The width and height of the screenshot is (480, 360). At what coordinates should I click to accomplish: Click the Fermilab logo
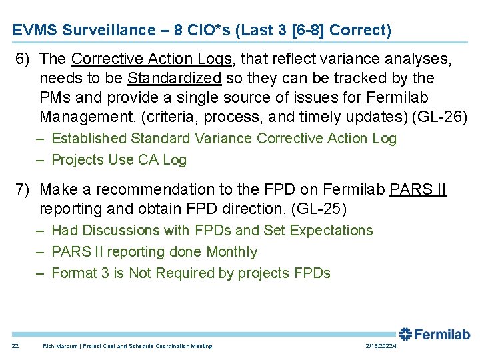pos(434,334)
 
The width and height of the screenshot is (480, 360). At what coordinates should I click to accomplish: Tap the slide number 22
pos(15,346)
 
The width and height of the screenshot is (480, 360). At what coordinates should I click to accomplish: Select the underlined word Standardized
pos(174,78)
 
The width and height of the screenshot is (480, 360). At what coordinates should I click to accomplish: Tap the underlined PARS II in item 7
pos(417,190)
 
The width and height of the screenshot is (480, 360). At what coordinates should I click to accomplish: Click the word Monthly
pos(231,251)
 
